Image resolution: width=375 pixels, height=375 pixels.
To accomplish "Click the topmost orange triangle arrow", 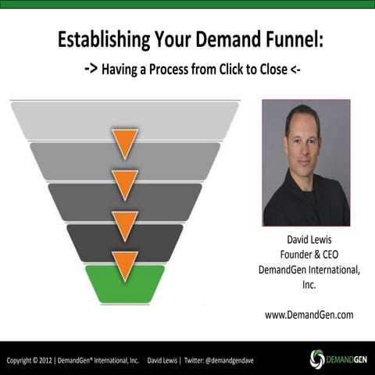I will point(124,142).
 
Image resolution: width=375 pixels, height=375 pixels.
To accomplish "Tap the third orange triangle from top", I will point(124,224).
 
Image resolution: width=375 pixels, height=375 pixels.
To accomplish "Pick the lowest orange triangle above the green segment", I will point(124,264).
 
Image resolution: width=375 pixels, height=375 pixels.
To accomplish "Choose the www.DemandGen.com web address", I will point(308,314).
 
